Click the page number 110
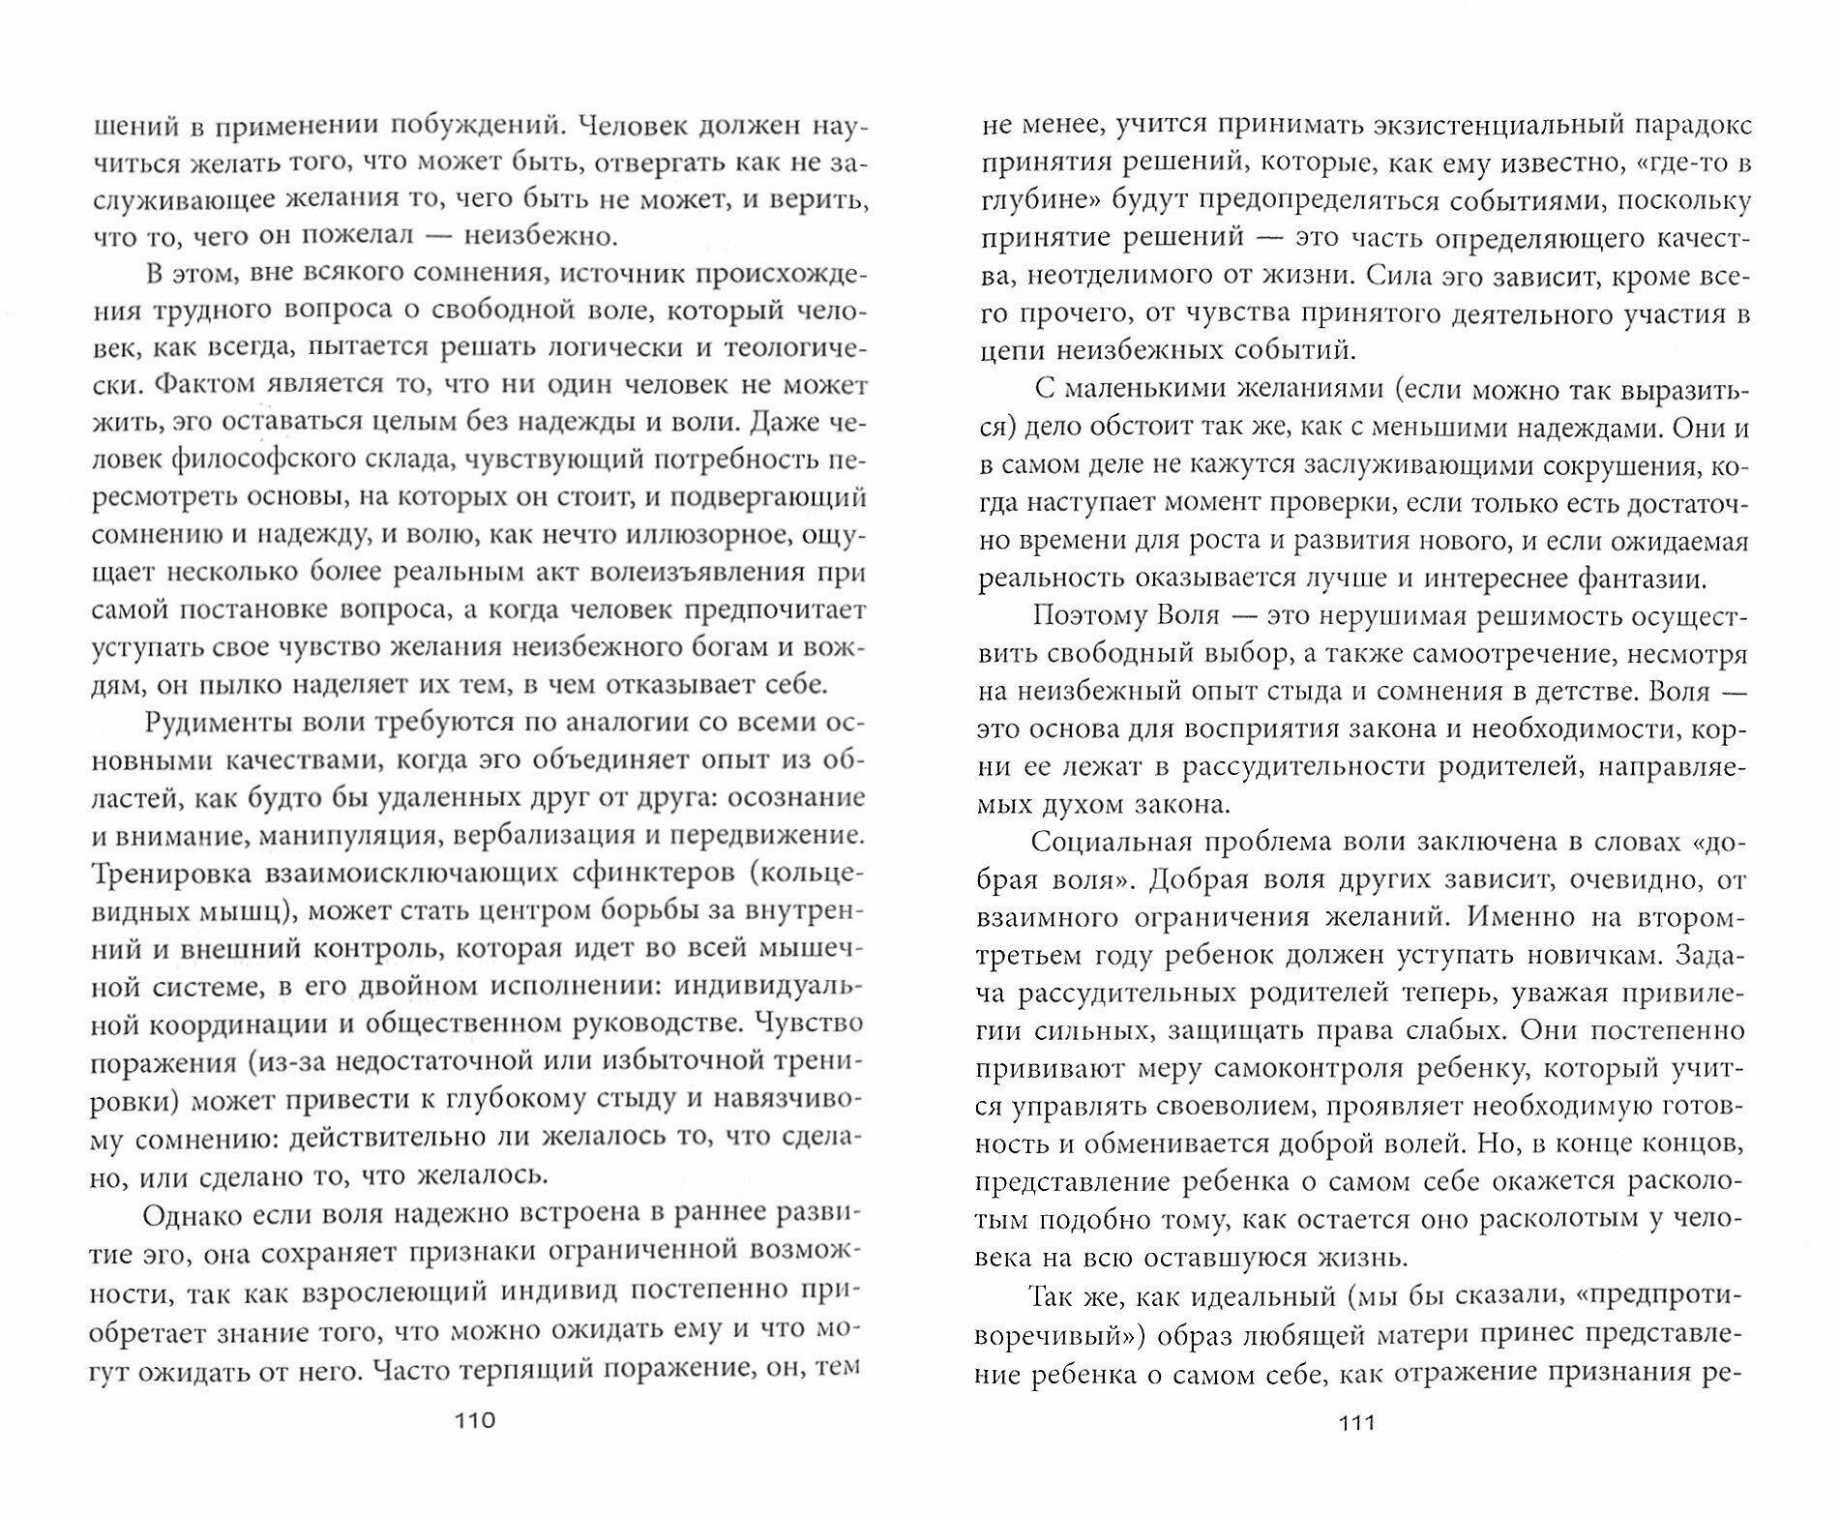point(474,1420)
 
